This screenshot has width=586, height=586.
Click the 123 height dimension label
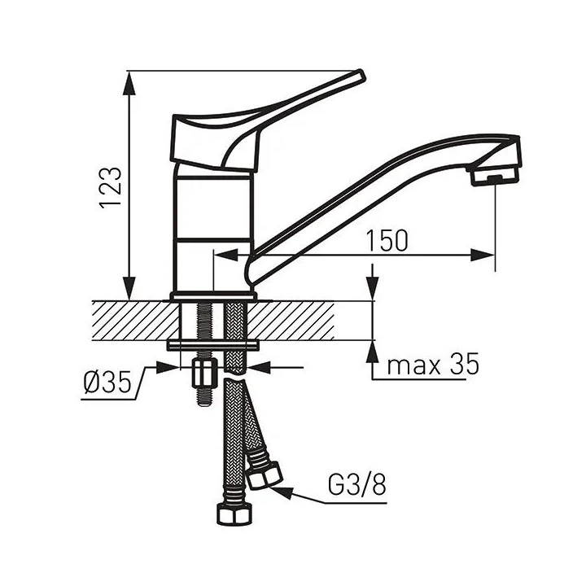110,187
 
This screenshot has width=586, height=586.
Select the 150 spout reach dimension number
387,241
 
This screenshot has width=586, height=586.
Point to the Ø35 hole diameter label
108,383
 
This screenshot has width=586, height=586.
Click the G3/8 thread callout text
356,485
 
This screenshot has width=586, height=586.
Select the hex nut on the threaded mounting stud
205,374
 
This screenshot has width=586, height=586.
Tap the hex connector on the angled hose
265,475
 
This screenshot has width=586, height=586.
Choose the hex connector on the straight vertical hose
234,515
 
